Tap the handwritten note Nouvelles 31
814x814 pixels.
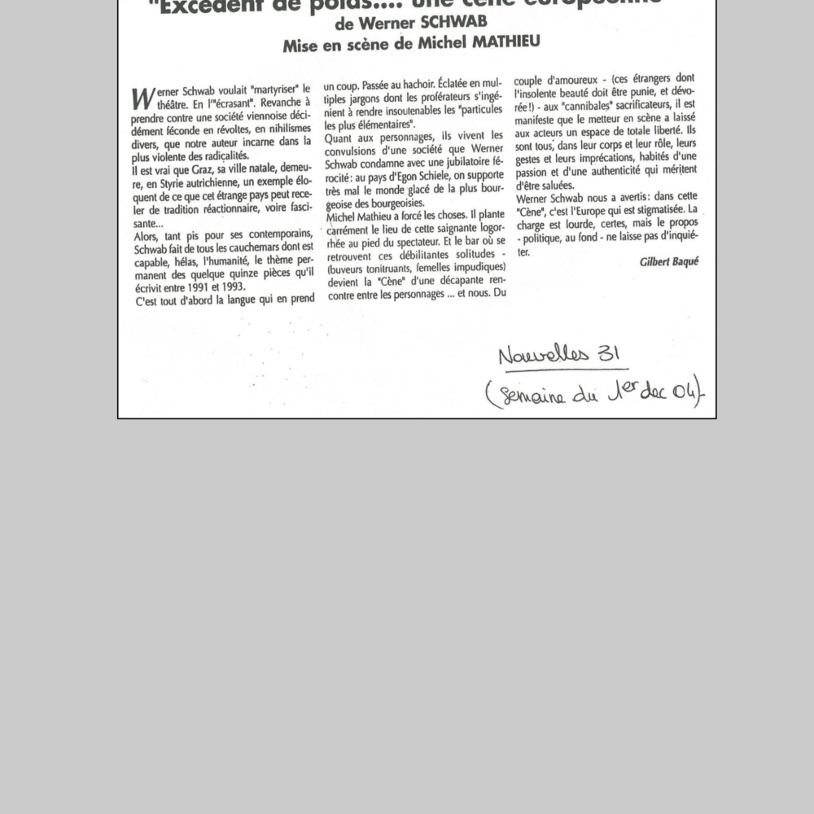560,354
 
